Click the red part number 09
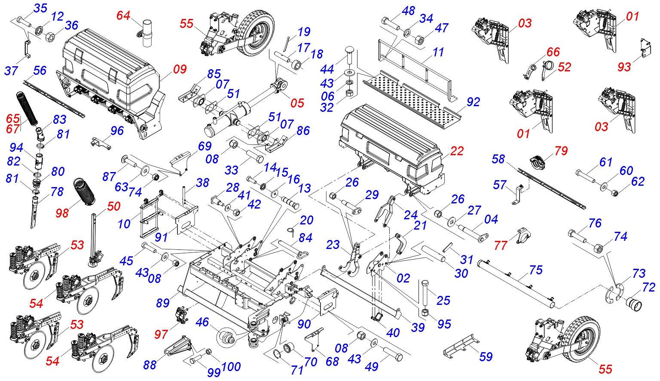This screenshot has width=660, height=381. coord(180,69)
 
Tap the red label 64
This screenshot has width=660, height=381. coord(123,15)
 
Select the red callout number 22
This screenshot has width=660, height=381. coord(457,151)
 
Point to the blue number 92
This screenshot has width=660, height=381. coord(473,102)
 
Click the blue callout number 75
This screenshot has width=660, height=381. coord(536,270)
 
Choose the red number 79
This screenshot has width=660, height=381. coord(561,151)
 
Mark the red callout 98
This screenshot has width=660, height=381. coord(62,212)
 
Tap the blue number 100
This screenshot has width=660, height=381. coord(231,367)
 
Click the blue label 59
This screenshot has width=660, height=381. coord(486,356)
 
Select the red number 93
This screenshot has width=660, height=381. coord(624,67)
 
